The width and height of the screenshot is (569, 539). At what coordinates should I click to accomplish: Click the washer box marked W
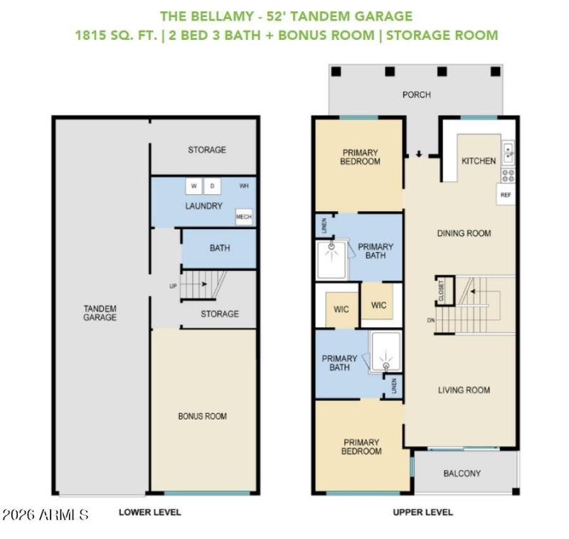coord(194,186)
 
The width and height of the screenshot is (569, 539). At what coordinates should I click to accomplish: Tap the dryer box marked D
coord(213,186)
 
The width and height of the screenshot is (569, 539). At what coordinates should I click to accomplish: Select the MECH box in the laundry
coord(243,217)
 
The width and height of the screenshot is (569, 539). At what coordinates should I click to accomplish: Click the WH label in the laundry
coord(244,186)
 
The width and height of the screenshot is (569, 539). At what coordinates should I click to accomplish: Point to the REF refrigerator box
coord(506,194)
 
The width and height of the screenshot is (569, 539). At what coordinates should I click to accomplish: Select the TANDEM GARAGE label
coord(100,313)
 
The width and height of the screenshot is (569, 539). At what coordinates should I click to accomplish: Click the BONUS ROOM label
coord(203,416)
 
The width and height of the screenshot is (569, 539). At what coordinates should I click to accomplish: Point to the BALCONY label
coord(462,473)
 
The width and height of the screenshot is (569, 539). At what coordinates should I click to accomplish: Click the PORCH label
coord(417,95)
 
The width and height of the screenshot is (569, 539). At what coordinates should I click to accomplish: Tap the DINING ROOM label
coord(464,233)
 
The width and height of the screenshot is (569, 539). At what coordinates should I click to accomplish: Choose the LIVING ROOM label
coord(464,390)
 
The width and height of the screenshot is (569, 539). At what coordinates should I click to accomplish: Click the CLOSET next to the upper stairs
coord(442,292)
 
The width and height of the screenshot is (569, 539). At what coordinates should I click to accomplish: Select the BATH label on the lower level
coord(220,248)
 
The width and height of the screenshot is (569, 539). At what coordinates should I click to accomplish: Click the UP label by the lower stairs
coord(173,287)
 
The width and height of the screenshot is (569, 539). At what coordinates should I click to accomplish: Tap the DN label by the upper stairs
coord(430,321)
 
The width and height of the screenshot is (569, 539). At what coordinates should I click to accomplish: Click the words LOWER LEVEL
coord(149,512)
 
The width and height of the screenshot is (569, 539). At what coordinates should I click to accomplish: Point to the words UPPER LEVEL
coord(423,512)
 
